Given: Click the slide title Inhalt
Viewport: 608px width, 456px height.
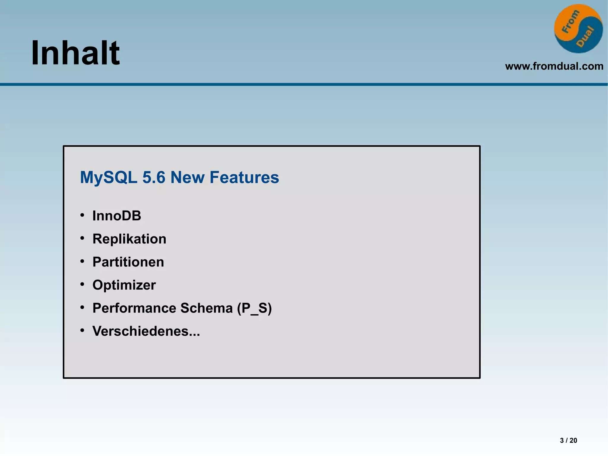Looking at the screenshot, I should pos(75,53).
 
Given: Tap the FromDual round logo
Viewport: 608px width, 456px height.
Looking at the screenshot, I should pos(578,29).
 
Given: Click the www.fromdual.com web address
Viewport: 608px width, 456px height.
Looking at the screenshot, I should pos(554,66).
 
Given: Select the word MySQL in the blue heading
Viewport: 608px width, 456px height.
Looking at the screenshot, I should pos(109,177).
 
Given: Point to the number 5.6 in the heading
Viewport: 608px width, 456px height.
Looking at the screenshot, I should pos(153,177).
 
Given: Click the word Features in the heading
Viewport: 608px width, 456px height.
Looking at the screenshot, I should pos(244,177).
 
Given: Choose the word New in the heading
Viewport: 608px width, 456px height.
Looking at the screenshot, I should pos(187,177).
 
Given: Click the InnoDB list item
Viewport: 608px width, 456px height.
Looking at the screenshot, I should pos(117,216).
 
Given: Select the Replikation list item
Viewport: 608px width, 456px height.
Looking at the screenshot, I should pos(129,239).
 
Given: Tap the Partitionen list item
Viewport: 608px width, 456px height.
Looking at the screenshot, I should pos(128,262).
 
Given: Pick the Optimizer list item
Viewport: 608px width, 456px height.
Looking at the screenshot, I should pos(124,285).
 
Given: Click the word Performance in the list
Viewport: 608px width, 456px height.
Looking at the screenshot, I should pos(133,308).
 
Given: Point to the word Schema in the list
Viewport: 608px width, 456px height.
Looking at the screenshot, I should pos(206,308).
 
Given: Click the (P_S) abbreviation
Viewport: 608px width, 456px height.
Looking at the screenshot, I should pos(254,308).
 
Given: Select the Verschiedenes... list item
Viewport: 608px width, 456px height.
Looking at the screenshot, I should pos(146,331).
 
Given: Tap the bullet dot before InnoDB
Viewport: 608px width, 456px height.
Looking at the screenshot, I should pos(82,215).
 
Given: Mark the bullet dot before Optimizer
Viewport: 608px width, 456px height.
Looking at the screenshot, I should pos(82,284).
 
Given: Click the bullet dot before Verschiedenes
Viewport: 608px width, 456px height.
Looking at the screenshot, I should pos(82,330).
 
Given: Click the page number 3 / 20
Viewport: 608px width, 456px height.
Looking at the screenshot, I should pos(568,440).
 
